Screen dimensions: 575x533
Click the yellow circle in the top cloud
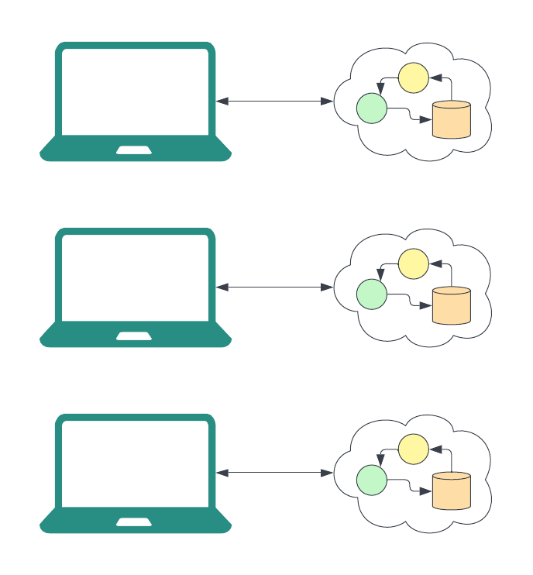coord(413,77)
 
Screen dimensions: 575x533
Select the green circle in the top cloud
coord(371,108)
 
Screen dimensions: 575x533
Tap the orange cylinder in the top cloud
coord(452,120)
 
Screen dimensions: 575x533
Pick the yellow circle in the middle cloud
coord(413,263)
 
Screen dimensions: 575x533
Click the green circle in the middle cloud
coord(371,294)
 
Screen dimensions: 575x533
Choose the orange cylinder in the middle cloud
coord(452,306)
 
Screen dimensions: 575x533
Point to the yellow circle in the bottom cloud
coord(413,449)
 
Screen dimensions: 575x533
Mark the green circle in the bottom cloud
coord(371,480)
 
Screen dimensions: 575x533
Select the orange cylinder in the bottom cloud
coord(452,492)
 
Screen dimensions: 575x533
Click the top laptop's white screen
coord(135,91)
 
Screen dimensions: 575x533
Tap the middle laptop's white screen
coord(135,277)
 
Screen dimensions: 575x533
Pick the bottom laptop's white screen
coord(135,463)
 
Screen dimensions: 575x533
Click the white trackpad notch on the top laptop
coord(134,150)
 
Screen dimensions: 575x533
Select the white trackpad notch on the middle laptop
coord(134,336)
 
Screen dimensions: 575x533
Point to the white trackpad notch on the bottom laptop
coord(134,522)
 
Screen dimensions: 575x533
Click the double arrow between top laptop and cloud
coord(274,101)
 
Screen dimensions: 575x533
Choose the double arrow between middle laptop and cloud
coord(274,287)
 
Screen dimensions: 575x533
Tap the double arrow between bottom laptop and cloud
coord(274,473)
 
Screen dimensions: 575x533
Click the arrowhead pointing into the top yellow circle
coord(435,77)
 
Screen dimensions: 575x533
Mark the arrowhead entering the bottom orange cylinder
coord(425,492)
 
